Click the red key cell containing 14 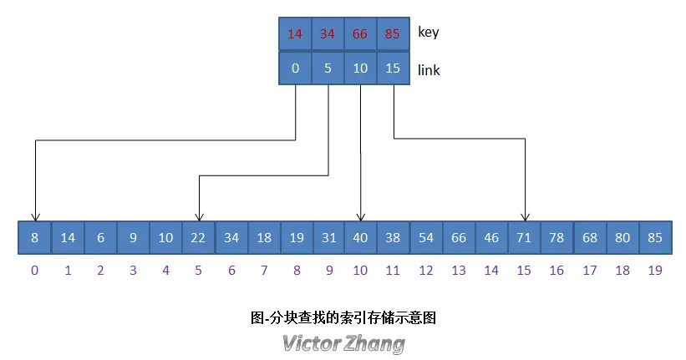[x=294, y=34]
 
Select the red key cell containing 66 [x=360, y=34]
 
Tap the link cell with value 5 [x=328, y=68]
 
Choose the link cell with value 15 [x=393, y=68]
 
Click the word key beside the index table [x=428, y=33]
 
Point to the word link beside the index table [x=429, y=70]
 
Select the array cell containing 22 [x=198, y=238]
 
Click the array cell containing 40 [x=360, y=238]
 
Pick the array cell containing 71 [x=524, y=238]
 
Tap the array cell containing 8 [x=34, y=238]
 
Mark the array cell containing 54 [x=426, y=238]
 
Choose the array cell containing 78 [x=556, y=238]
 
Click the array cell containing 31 [x=328, y=238]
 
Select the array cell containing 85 [x=654, y=238]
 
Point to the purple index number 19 [x=654, y=271]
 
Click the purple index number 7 [x=263, y=271]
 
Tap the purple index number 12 [x=426, y=271]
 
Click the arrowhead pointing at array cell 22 [x=198, y=215]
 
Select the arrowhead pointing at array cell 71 [x=525, y=215]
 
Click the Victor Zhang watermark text [x=343, y=343]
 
